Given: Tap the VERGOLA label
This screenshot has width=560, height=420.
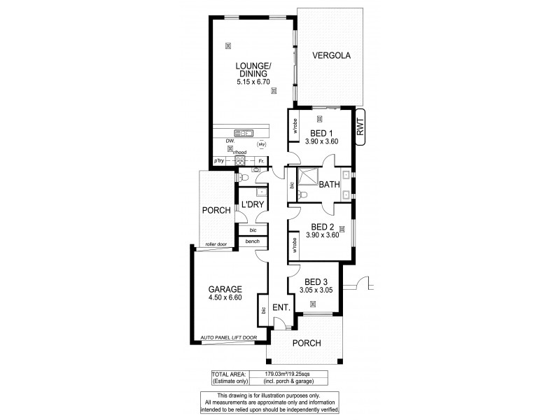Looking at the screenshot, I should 330,55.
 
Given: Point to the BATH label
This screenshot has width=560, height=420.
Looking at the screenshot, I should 329,185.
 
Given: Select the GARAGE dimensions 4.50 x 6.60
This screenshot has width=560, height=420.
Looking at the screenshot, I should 225,298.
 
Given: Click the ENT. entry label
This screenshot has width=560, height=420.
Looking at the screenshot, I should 281,308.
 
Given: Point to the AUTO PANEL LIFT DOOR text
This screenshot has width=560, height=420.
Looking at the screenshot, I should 228,338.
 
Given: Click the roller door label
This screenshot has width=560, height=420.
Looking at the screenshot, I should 215,244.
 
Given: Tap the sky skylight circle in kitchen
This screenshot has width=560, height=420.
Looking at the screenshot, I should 261,144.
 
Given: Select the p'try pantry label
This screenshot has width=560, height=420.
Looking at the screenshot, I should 220,161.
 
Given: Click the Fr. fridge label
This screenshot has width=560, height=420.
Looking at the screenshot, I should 260,161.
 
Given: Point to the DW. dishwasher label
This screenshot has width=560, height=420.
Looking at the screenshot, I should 229,141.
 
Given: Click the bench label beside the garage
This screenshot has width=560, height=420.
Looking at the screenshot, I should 252,241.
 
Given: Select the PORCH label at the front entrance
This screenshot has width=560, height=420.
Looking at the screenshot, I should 307,343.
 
